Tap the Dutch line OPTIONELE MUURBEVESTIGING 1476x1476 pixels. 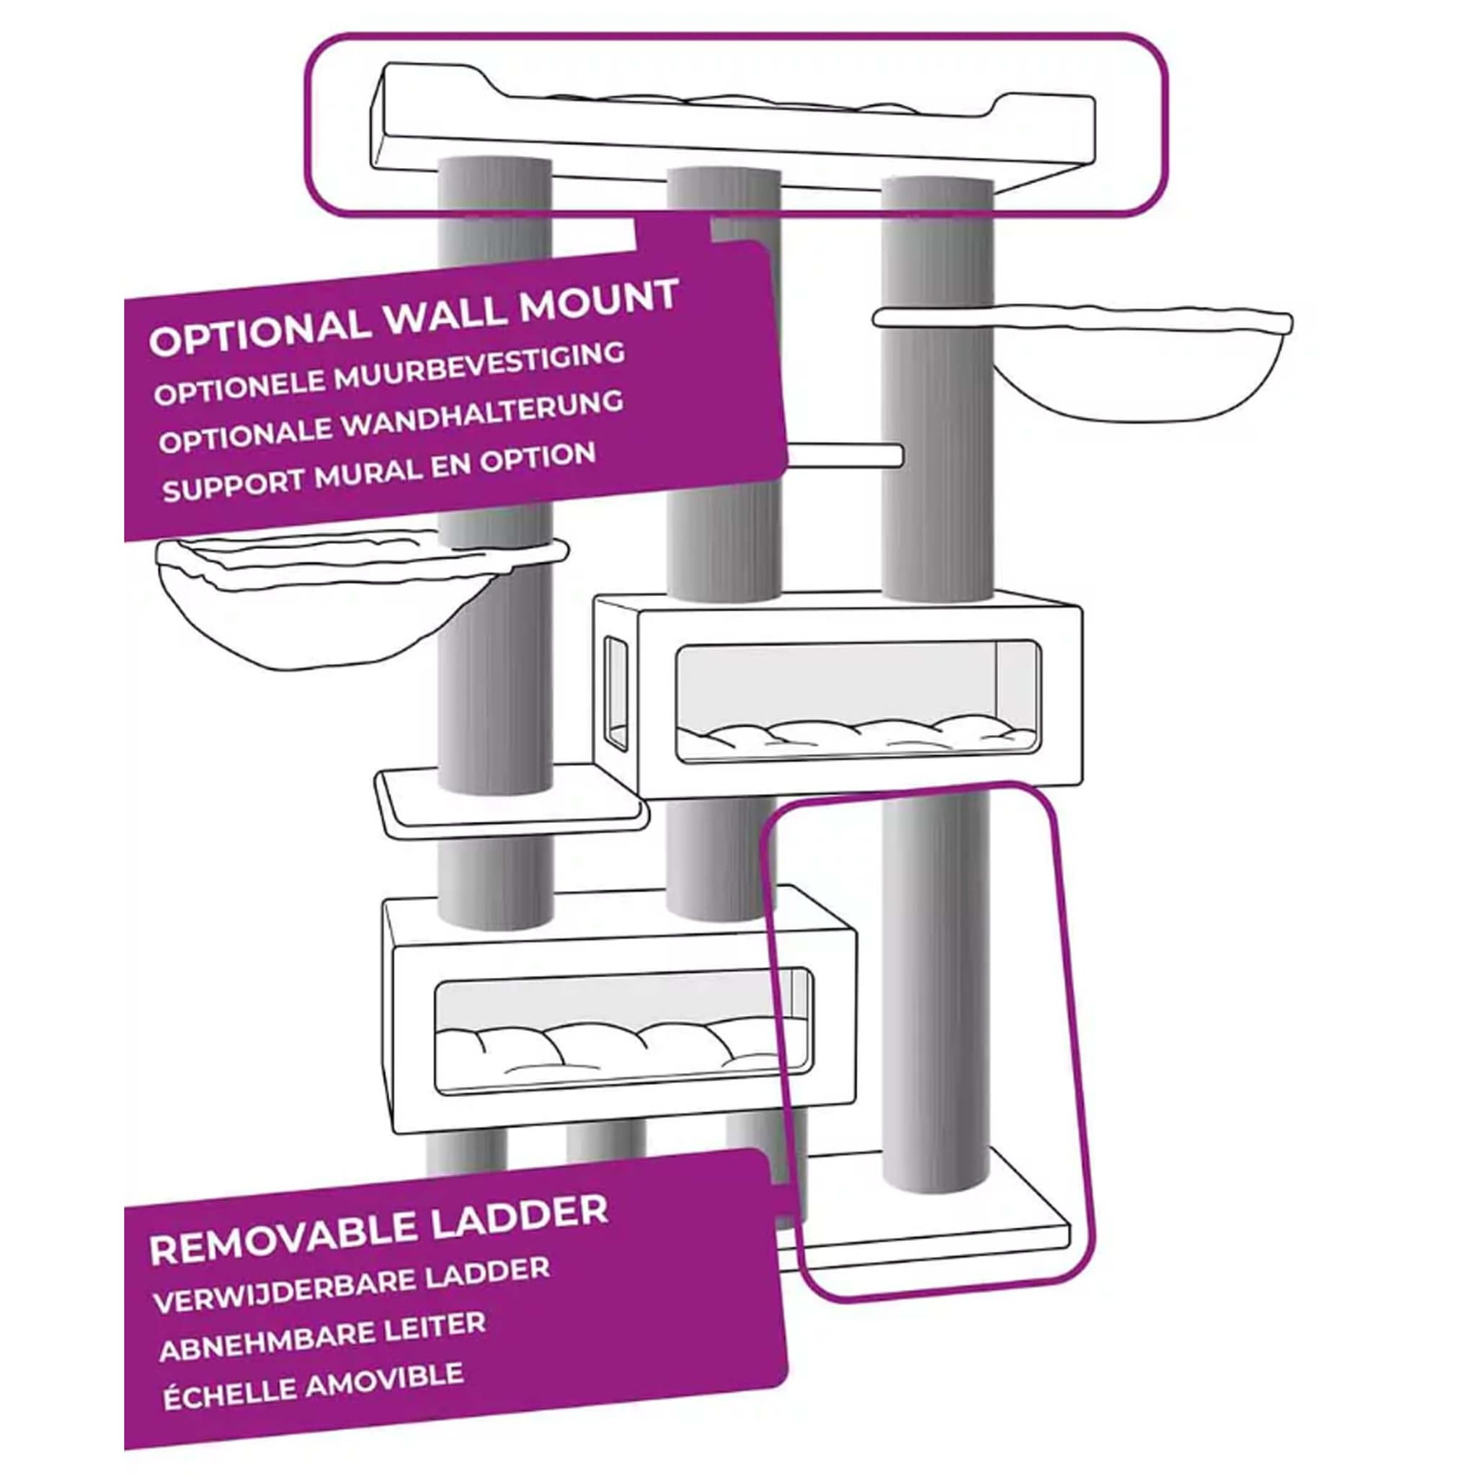tap(390, 374)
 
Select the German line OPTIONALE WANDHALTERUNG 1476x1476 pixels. tap(391, 422)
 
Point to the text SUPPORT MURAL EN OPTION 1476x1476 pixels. tap(379, 472)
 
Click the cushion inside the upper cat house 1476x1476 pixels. tap(855, 737)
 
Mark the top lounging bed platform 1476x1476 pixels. tap(734, 126)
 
